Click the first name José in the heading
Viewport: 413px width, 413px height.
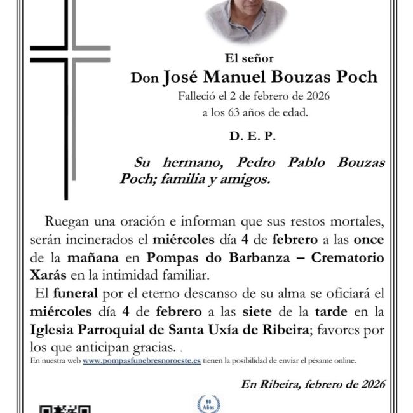(x=184, y=78)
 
